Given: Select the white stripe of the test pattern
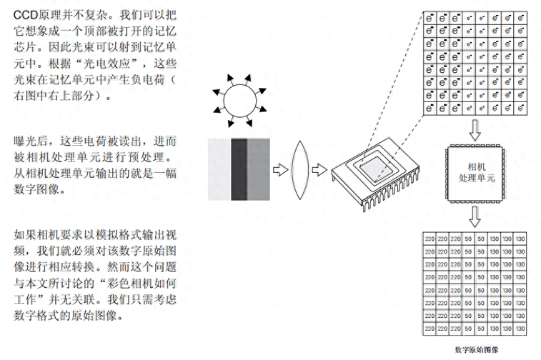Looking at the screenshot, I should pos(219,169).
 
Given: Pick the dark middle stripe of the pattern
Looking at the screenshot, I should pos(239,169).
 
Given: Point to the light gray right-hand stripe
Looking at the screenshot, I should pos(259,169).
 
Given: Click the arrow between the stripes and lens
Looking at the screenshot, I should pos(282,169).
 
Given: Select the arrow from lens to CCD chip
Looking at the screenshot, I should pos(320,169).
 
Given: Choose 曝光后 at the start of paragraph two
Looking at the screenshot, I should pos(31,140).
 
